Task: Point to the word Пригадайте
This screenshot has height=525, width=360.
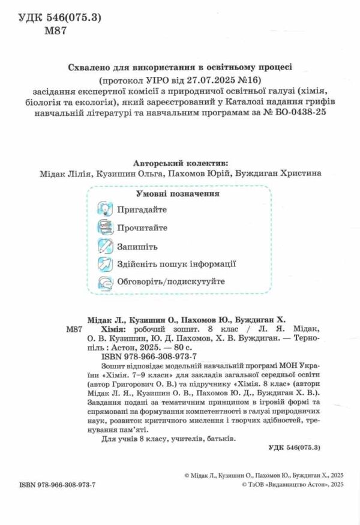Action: pos(142,210)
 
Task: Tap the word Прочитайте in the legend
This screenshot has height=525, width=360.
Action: pos(142,228)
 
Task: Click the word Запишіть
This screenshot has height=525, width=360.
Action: pos(138,246)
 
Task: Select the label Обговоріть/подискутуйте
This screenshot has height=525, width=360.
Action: pos(172,281)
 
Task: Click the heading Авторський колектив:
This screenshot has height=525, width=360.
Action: pos(179,163)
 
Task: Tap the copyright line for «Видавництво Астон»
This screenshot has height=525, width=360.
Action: pos(290,484)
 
